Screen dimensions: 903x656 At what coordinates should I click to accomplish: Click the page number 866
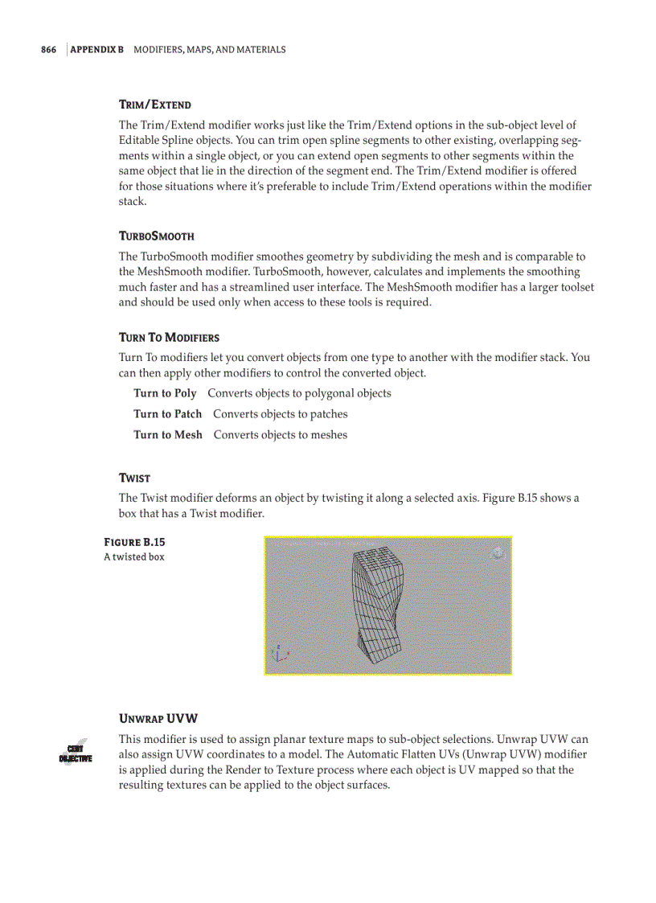(48, 50)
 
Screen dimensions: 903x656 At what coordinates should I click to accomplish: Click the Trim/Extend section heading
(154, 105)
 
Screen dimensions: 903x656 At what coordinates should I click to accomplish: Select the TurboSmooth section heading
(157, 236)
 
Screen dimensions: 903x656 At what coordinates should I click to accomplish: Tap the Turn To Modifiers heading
(169, 338)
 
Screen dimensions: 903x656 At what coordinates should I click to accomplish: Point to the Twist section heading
(134, 478)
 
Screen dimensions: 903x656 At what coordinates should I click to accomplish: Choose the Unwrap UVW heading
(158, 718)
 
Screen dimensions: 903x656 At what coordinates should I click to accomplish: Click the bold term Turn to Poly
(165, 393)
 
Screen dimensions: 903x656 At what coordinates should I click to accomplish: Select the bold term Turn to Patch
(167, 414)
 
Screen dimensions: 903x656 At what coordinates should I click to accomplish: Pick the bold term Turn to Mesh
(168, 435)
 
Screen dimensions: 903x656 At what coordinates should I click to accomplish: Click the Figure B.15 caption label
(134, 542)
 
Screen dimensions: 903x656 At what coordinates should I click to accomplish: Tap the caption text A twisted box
(134, 557)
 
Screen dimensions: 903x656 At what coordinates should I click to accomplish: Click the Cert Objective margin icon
(76, 753)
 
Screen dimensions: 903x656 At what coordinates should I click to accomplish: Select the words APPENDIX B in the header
(97, 50)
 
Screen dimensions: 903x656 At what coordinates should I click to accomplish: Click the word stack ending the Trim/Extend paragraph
(133, 202)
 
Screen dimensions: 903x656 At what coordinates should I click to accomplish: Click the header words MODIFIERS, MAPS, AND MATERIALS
(209, 50)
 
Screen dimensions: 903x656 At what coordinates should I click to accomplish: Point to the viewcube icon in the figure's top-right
(498, 552)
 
